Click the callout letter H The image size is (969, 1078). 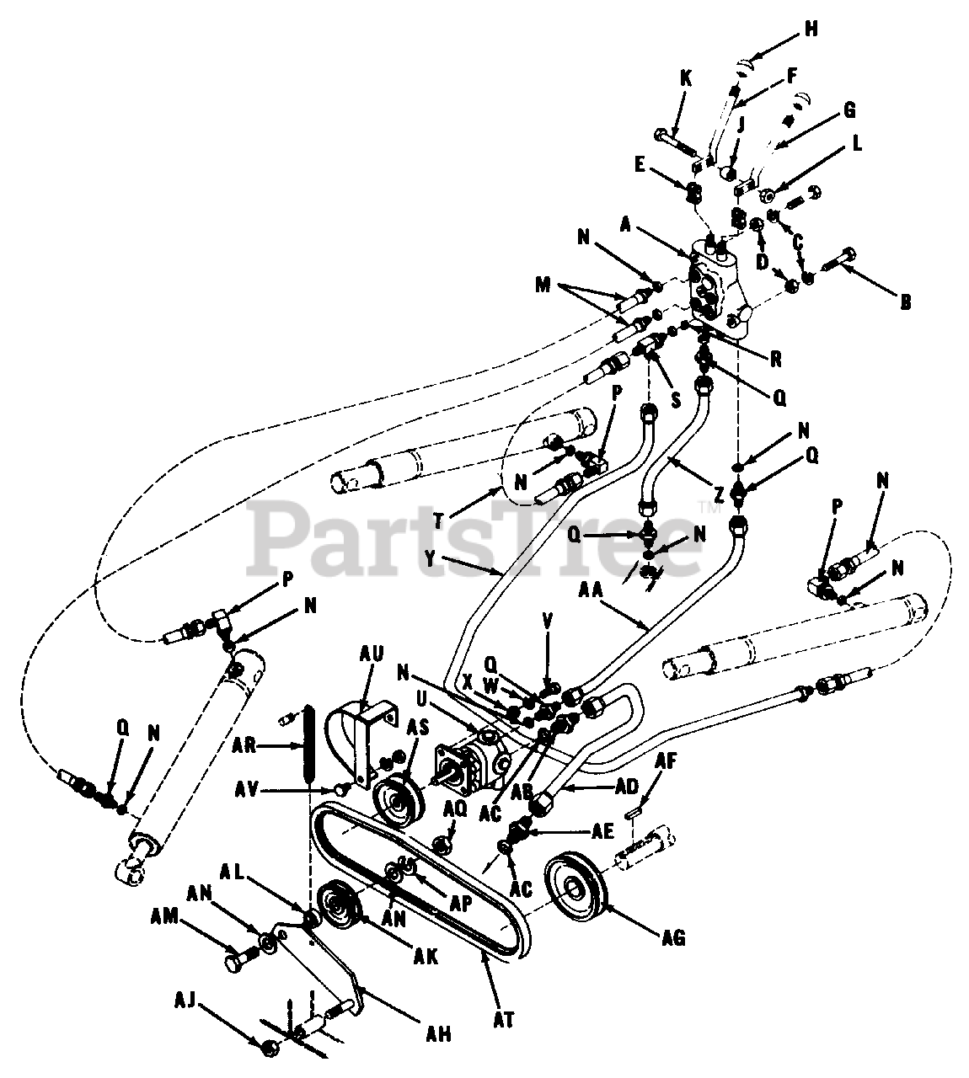[x=811, y=29]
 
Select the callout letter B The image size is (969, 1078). [x=905, y=301]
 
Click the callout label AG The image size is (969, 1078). [x=673, y=937]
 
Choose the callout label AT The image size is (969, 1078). [x=505, y=1018]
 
